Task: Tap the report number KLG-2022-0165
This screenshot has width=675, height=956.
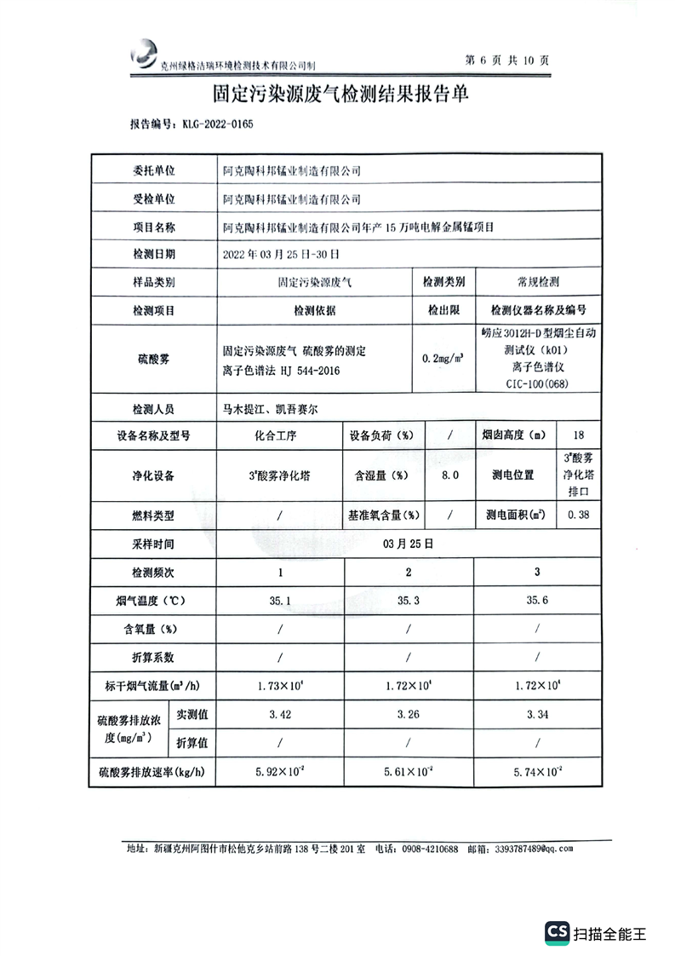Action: pos(217,124)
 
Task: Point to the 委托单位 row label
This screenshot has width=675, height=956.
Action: pos(154,170)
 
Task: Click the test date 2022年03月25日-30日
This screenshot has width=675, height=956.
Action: pos(280,253)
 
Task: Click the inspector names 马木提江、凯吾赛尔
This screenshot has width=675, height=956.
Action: pos(271,409)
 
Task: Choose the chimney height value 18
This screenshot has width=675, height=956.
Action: pos(579,435)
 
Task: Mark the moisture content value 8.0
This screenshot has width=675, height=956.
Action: pos(449,475)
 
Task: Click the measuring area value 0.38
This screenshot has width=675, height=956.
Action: pos(579,515)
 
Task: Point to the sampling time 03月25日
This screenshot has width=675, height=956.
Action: pos(409,542)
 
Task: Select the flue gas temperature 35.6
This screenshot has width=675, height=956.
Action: pos(537,600)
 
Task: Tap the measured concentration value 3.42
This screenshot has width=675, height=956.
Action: pos(280,714)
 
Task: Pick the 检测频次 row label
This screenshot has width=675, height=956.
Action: pos(154,571)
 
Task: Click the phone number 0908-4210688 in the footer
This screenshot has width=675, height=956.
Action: pos(430,849)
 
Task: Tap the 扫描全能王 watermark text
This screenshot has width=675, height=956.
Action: pos(609,933)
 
